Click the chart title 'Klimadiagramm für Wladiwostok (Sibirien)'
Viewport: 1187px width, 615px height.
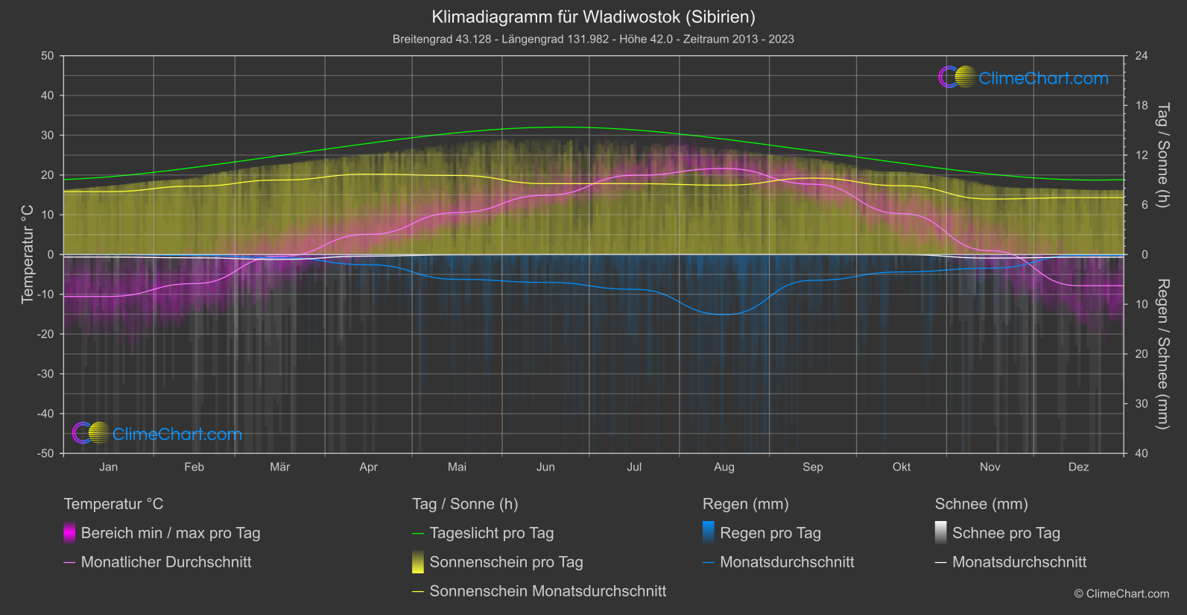[x=593, y=16]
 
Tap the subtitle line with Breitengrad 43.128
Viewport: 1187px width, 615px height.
[x=593, y=39]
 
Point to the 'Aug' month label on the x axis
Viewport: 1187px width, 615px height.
[x=724, y=467]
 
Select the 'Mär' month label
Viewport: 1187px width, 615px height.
[x=279, y=467]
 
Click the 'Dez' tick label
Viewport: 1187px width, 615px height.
[x=1078, y=467]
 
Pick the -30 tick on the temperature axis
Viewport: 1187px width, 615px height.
[x=45, y=373]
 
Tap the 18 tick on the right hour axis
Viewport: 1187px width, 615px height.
[x=1142, y=105]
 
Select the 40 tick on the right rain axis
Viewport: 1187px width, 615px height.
[x=1142, y=453]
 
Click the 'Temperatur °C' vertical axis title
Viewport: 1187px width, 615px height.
[x=28, y=254]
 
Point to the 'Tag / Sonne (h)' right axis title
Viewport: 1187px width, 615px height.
[x=1162, y=155]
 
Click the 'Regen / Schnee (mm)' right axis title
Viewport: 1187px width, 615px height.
[x=1162, y=354]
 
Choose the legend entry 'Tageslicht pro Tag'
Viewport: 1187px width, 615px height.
[x=491, y=533]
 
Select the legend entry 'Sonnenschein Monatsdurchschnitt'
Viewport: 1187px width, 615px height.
[x=548, y=591]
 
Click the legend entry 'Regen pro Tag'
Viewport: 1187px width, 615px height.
[x=770, y=533]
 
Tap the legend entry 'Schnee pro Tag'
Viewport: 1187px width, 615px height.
[x=1006, y=533]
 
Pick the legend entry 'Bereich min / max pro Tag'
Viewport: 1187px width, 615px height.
[x=170, y=533]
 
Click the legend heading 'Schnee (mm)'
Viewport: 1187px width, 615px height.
[x=981, y=504]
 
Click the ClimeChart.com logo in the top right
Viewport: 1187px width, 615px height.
[x=1024, y=78]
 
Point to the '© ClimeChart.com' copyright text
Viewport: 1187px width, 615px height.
[x=1121, y=593]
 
